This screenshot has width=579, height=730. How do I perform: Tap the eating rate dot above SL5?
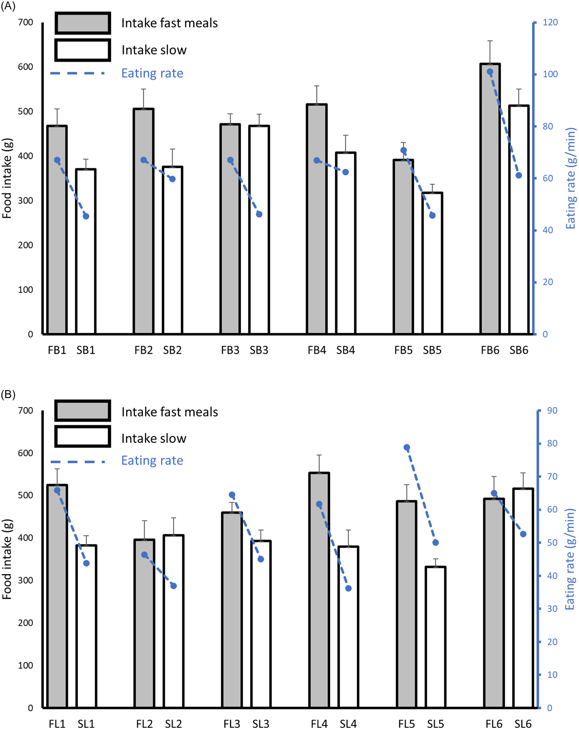(436, 542)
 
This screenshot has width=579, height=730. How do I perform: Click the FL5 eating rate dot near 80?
(407, 448)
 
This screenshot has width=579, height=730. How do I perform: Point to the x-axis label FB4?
(317, 350)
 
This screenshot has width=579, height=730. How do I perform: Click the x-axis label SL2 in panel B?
(173, 724)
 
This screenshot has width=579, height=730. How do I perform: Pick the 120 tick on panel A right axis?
(550, 22)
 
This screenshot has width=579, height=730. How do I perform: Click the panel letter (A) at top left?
(8, 6)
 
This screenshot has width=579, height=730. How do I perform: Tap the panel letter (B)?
(8, 394)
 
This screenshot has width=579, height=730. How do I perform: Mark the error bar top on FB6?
(490, 41)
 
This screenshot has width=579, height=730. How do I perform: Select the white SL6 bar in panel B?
(523, 599)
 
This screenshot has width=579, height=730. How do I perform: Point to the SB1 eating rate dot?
(86, 216)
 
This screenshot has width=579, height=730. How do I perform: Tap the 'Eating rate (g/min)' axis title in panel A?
(571, 178)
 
